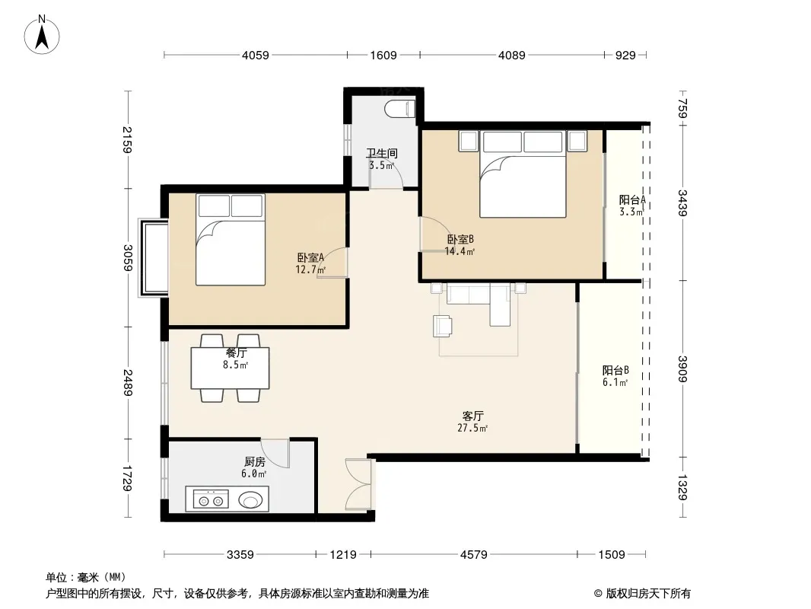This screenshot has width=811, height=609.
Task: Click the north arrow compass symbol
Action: point(42,35)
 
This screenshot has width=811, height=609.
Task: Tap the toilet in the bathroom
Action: point(400,109)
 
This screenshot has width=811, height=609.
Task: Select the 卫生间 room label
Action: point(382,153)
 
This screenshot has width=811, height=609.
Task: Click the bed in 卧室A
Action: point(231,240)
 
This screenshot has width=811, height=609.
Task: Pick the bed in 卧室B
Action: point(523,174)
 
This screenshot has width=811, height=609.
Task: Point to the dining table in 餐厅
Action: point(230,368)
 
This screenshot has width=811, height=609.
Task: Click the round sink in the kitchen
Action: point(251,501)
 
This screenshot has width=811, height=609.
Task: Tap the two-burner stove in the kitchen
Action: point(211,500)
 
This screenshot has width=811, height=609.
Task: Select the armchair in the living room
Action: point(443,326)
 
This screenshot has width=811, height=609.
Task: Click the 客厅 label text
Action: point(472,416)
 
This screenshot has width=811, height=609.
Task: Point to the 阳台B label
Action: point(615,371)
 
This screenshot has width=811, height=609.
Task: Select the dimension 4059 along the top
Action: point(256,55)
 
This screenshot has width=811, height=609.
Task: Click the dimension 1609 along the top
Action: point(383,55)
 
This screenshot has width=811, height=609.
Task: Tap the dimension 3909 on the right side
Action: point(682,369)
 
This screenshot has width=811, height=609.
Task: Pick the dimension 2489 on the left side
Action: point(128,383)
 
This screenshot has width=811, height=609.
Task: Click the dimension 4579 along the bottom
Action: point(474,555)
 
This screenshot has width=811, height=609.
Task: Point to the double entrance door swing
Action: point(358,484)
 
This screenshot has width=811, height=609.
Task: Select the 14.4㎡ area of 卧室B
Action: point(460,251)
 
